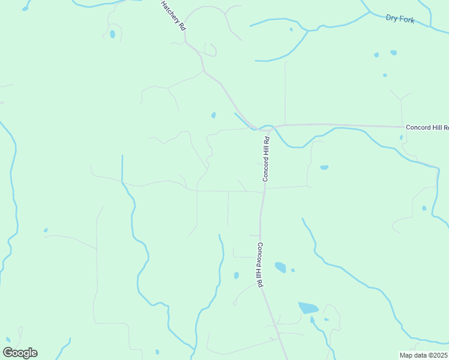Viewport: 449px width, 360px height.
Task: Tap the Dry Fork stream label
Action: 400,20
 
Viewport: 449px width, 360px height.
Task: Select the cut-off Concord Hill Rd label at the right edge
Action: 427,127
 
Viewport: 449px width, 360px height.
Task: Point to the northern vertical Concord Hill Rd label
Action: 266,159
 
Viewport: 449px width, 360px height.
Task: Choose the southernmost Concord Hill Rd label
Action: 261,265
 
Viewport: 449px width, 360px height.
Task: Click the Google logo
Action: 20,353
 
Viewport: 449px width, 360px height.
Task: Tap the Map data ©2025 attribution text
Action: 424,355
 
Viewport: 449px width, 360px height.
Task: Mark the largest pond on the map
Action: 308,308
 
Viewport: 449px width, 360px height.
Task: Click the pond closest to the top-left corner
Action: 112,34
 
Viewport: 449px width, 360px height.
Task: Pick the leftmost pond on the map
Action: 45,230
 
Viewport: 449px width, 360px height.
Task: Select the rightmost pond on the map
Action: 424,208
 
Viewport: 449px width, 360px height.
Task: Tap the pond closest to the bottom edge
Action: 157,352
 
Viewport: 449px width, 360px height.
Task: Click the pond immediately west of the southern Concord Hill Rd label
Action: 236,275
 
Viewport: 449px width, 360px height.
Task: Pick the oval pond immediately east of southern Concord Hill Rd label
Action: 280,267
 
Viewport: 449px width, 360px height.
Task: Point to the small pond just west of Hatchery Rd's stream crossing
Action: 213,115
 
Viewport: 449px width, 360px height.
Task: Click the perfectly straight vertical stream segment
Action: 122,168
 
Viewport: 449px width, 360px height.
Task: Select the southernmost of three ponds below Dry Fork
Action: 385,75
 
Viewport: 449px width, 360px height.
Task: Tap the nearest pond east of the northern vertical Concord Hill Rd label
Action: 324,167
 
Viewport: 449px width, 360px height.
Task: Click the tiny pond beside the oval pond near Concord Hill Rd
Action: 293,270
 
